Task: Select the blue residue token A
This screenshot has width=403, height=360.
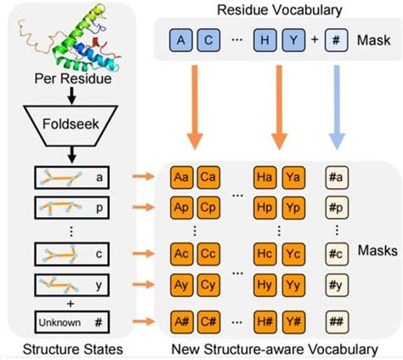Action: (x=181, y=39)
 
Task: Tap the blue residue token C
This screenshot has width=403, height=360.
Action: (x=210, y=39)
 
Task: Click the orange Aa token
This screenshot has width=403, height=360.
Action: (x=181, y=177)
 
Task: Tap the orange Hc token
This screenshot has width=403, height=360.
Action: (x=266, y=254)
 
